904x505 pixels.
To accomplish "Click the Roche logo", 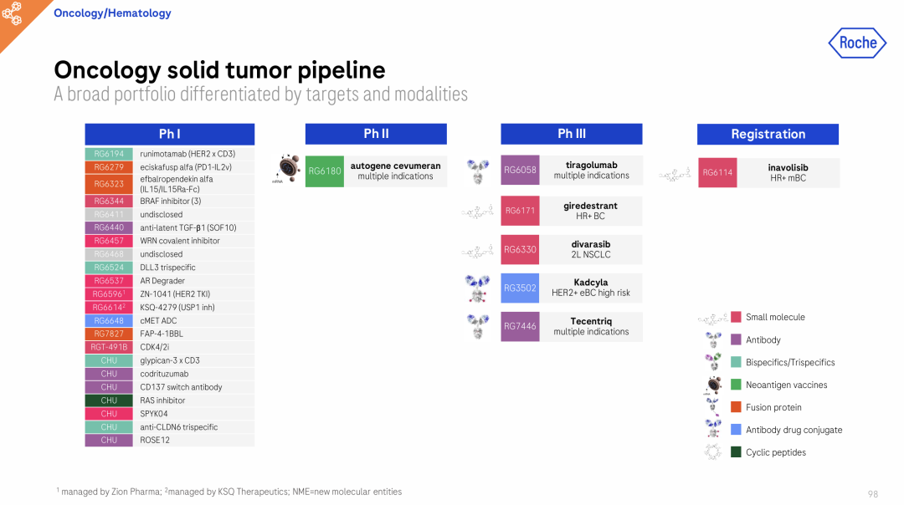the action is [857, 43].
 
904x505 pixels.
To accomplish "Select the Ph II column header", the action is [376, 134].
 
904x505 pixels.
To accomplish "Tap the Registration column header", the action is [768, 134].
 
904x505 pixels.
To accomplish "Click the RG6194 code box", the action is [109, 154].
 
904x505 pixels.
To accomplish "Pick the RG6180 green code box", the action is [325, 171].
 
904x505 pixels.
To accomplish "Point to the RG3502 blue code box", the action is [520, 288].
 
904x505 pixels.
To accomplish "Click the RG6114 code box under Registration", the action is [717, 172].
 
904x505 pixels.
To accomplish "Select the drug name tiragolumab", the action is [592, 166].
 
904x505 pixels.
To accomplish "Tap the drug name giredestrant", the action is [590, 206].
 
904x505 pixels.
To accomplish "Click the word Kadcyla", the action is [590, 282].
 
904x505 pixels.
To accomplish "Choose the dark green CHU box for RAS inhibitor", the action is [109, 400].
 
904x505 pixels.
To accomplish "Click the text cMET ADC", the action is [158, 321].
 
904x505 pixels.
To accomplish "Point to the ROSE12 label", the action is [155, 440].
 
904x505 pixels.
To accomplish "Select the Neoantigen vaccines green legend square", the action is [736, 384].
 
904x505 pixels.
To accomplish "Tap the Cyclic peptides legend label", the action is [776, 452].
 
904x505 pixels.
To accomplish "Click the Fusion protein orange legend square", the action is [736, 407].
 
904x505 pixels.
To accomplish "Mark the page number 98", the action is [873, 494].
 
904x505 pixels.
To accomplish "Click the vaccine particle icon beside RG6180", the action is [287, 168].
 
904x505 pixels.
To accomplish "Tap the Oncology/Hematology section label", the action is [112, 13].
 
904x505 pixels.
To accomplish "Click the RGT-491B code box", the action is [109, 347].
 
